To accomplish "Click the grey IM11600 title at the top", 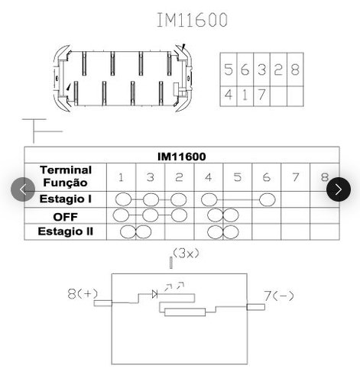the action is [x=192, y=20].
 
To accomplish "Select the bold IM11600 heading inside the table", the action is [x=182, y=157].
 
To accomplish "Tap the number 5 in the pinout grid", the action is [x=229, y=70].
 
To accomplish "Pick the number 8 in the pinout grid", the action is [x=295, y=70].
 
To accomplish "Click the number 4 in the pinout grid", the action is [x=229, y=95].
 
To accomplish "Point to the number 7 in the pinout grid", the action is [x=261, y=95].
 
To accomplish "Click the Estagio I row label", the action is [x=66, y=199].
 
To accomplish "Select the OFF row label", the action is [x=65, y=217].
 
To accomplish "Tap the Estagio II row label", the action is [x=66, y=231].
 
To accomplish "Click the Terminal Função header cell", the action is [x=66, y=176].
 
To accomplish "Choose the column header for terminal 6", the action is [x=267, y=177].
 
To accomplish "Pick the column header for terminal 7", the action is [x=296, y=177].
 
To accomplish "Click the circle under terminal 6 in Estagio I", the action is [x=268, y=199].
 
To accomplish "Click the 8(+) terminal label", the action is [x=83, y=293].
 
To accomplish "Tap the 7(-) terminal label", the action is [x=279, y=296].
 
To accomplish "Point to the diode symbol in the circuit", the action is [x=154, y=294].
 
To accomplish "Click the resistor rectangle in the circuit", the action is [x=185, y=312].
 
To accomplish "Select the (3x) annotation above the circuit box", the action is [x=186, y=254].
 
